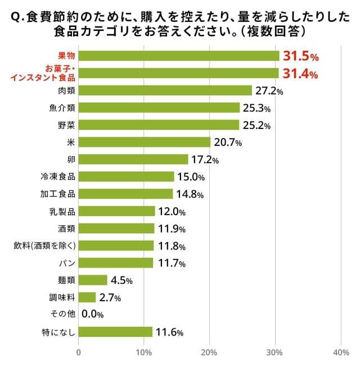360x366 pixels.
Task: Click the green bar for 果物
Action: pos(179,56)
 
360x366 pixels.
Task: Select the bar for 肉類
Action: pos(165,90)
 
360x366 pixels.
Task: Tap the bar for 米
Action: pos(145,142)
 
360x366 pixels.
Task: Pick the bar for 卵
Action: pos(133,159)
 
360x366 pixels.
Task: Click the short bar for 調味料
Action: pos(87,297)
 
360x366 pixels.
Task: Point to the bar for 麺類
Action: pos(93,280)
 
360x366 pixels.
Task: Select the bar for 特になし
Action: pos(115,332)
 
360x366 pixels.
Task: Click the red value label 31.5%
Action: pos(301,56)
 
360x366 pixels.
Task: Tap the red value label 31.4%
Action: pos(300,73)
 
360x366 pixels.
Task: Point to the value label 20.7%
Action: pos(227,142)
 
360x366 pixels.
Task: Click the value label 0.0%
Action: pos(93,315)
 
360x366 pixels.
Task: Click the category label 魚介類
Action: pos(62,108)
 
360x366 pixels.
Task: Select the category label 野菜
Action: pos(66,124)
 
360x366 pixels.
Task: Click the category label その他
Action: pos(62,314)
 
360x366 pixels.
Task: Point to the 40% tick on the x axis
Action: pos(341,352)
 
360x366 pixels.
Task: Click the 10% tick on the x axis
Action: pos(144,352)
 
